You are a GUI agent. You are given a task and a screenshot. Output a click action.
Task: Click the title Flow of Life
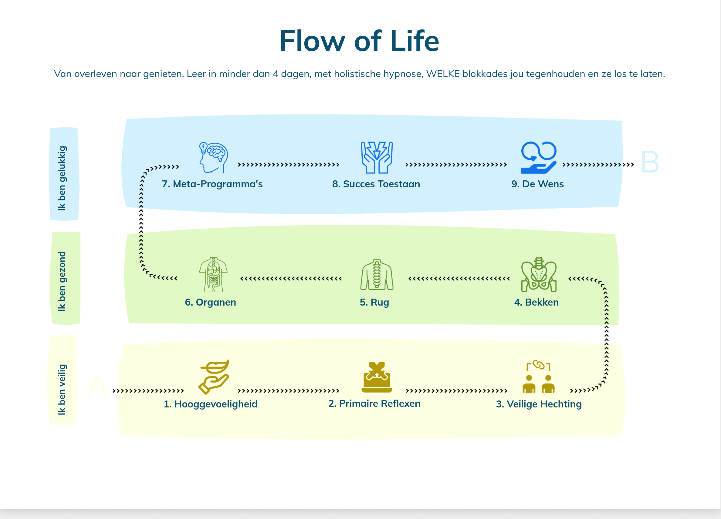359,41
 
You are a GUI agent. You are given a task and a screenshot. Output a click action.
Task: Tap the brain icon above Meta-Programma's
213,158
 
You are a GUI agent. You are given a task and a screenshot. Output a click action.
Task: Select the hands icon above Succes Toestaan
377,158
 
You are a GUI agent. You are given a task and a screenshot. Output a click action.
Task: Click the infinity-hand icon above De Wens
539,158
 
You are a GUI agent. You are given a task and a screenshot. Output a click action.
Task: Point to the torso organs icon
213,275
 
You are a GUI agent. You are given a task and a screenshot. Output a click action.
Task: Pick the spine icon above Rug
377,275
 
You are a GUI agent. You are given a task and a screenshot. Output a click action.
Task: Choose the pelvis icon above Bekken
539,275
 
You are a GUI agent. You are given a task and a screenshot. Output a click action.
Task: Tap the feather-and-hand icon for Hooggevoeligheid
214,377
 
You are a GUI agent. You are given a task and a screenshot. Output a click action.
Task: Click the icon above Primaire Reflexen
377,377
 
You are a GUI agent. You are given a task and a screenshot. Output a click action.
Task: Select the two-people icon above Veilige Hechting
539,377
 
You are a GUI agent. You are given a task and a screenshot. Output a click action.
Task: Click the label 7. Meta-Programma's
212,184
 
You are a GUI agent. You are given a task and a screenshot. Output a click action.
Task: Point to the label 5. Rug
374,302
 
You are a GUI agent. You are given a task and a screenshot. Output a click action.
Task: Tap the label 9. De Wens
537,184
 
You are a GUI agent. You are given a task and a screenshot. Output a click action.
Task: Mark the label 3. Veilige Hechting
539,404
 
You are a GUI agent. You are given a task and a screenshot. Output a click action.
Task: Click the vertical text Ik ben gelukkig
62,178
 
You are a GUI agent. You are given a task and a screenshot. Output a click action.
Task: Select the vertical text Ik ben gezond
62,281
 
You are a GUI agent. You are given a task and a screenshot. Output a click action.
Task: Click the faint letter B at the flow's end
650,162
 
